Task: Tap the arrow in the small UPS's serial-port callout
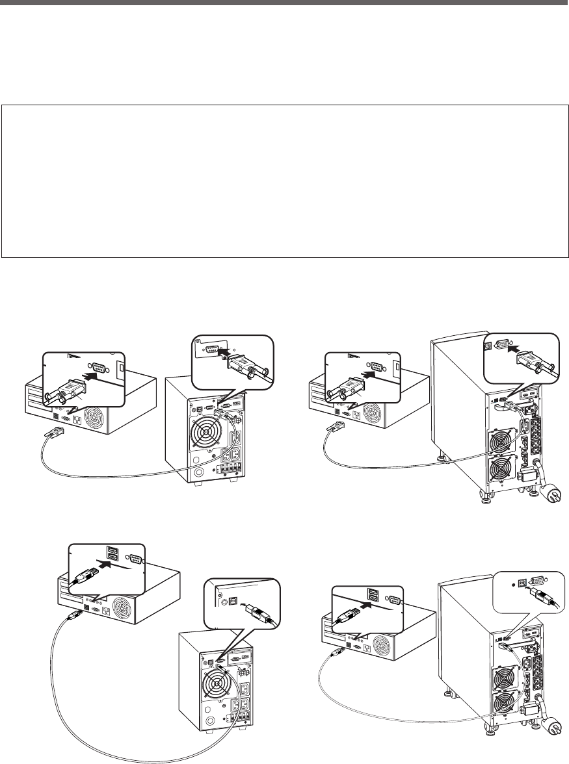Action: pyautogui.click(x=224, y=353)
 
